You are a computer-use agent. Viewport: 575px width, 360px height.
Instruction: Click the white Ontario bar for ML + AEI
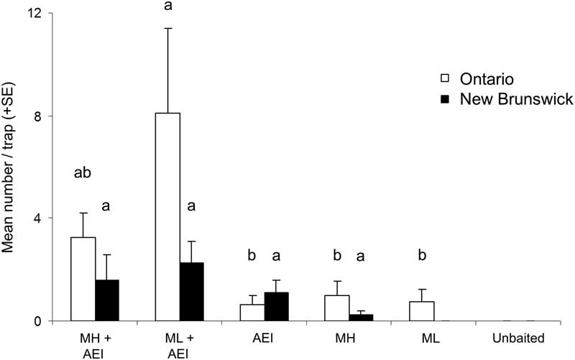tap(167, 216)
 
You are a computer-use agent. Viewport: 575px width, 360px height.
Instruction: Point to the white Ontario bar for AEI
tap(252, 313)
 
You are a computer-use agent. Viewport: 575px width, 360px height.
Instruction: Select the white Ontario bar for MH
tap(337, 308)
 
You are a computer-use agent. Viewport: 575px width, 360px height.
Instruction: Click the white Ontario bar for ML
tap(422, 310)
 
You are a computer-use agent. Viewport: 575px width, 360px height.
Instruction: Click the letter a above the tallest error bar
tap(168, 6)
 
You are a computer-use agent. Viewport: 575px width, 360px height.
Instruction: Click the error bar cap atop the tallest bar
tap(167, 28)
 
